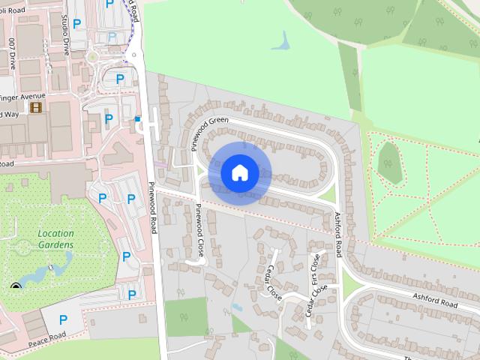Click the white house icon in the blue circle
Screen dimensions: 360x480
[240, 172]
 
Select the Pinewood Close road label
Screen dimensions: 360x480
[199, 222]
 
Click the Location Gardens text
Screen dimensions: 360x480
[55, 238]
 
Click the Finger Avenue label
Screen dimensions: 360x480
[22, 96]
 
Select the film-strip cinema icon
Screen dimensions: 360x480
[35, 108]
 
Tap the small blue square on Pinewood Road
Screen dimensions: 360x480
[137, 118]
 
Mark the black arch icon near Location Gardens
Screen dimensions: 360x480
[16, 286]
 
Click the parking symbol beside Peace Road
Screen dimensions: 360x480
[63, 319]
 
